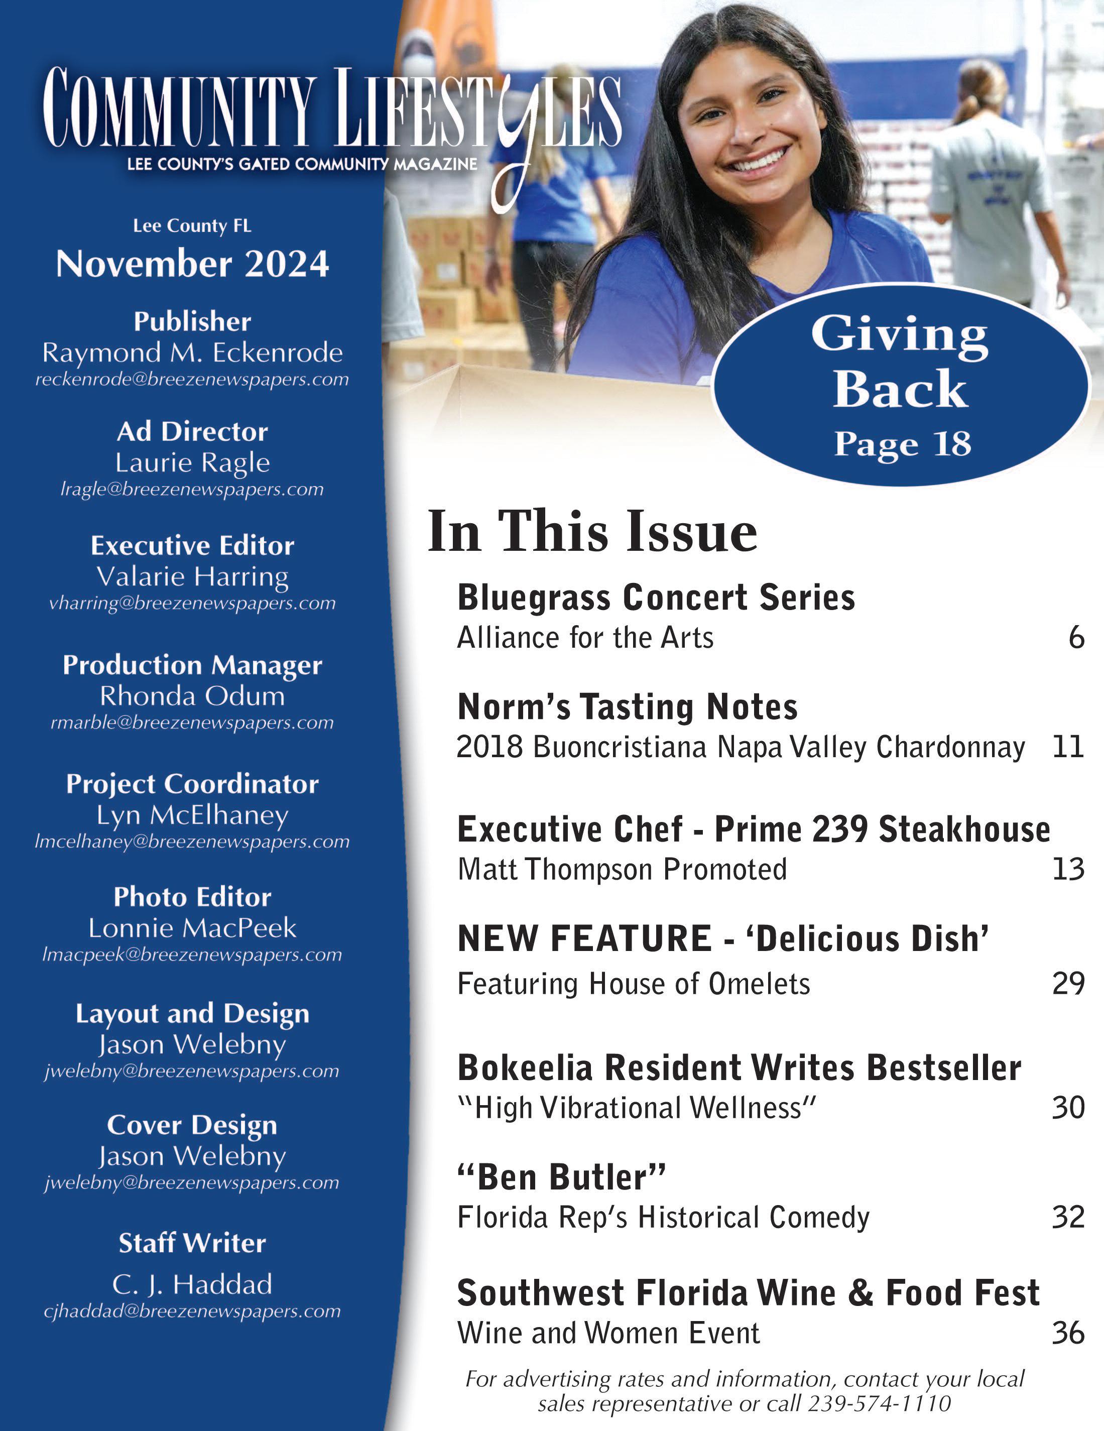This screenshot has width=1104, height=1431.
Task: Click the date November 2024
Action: click(192, 264)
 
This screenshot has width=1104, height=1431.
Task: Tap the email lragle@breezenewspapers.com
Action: click(192, 490)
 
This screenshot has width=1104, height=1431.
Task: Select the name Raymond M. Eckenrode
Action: click(192, 352)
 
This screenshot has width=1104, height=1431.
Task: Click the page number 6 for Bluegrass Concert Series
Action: click(1076, 638)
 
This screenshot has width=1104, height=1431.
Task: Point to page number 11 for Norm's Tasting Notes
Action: click(1068, 747)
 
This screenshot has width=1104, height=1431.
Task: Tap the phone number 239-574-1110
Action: click(879, 1403)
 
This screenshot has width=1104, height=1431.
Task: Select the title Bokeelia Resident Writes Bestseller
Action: click(739, 1067)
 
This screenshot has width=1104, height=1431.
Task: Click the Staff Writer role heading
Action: click(192, 1243)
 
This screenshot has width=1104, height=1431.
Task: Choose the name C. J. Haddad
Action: click(192, 1285)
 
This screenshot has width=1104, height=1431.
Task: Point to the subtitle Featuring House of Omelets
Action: click(634, 984)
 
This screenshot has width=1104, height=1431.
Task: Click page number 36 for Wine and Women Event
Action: click(1068, 1333)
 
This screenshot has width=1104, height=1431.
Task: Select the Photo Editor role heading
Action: click(192, 897)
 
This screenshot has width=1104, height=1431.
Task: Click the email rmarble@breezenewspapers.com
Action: click(192, 723)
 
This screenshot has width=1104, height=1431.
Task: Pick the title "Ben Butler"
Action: click(561, 1177)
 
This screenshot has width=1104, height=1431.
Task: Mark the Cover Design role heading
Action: click(192, 1125)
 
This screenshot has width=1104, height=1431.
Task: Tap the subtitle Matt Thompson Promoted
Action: click(622, 870)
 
